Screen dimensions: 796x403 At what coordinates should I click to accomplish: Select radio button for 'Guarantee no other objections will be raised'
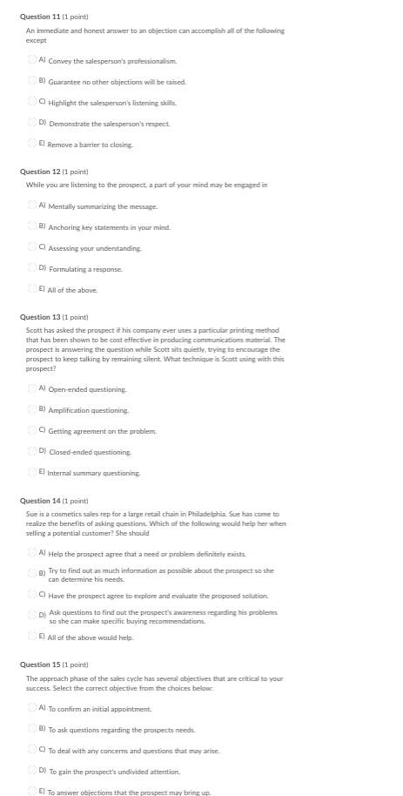point(32,81)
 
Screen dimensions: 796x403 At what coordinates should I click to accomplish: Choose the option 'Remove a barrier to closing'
point(32,144)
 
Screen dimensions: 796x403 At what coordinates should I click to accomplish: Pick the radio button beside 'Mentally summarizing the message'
point(32,206)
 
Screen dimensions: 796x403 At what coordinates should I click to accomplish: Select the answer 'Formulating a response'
point(32,268)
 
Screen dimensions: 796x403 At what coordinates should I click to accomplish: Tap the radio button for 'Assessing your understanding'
point(32,247)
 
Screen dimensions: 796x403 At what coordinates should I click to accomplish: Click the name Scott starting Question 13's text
point(34,330)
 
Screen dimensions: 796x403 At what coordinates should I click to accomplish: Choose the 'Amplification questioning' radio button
point(32,409)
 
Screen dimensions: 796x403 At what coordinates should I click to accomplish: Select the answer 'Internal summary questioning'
point(32,472)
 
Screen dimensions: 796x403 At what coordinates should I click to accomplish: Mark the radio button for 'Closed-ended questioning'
point(32,451)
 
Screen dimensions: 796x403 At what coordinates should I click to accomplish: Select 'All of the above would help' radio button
point(32,637)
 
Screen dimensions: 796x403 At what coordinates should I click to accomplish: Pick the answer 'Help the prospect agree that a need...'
point(32,553)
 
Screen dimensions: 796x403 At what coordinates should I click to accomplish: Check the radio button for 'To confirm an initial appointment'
point(32,707)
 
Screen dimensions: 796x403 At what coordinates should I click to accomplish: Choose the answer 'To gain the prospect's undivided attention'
point(32,770)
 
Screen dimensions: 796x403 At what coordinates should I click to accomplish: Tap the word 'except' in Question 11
point(36,39)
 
